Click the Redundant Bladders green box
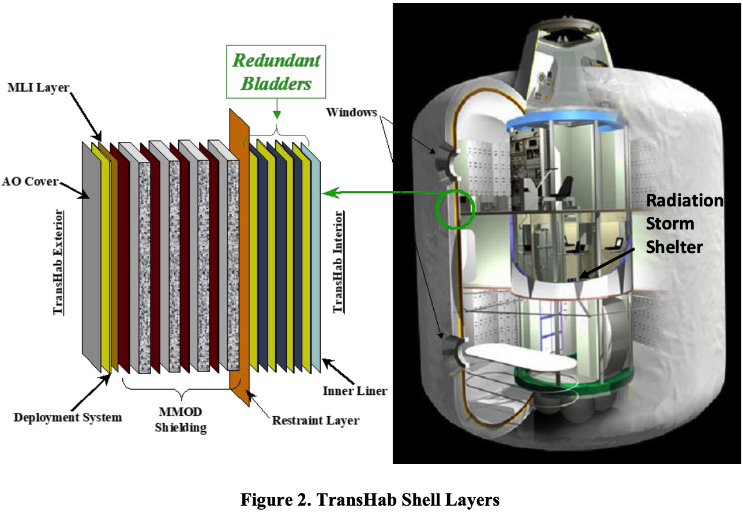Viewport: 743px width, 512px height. (x=276, y=71)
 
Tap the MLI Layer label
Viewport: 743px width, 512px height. (x=39, y=88)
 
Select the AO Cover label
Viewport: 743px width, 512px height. (x=30, y=182)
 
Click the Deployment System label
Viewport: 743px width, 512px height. (x=67, y=417)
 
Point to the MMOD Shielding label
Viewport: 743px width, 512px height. (x=181, y=420)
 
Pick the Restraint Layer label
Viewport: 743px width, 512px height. (x=316, y=420)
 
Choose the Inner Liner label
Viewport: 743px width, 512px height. (x=355, y=391)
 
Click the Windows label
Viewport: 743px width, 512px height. (x=351, y=112)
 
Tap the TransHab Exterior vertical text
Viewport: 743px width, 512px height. (x=58, y=262)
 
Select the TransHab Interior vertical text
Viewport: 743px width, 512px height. (x=338, y=262)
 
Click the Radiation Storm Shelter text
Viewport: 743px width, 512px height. (x=685, y=224)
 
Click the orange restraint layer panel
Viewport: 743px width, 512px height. (x=239, y=257)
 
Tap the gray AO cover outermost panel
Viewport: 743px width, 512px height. (x=92, y=257)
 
